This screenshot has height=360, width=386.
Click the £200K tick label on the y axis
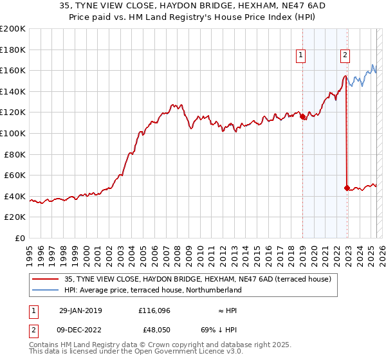[x=13, y=28]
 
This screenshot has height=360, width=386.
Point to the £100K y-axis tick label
[x=13, y=133]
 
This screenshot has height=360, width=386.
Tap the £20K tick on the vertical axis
[x=15, y=217]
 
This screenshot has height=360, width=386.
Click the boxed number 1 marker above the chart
[x=300, y=55]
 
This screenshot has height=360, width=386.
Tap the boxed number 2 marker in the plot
[x=345, y=55]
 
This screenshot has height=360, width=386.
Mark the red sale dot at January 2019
[x=303, y=116]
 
